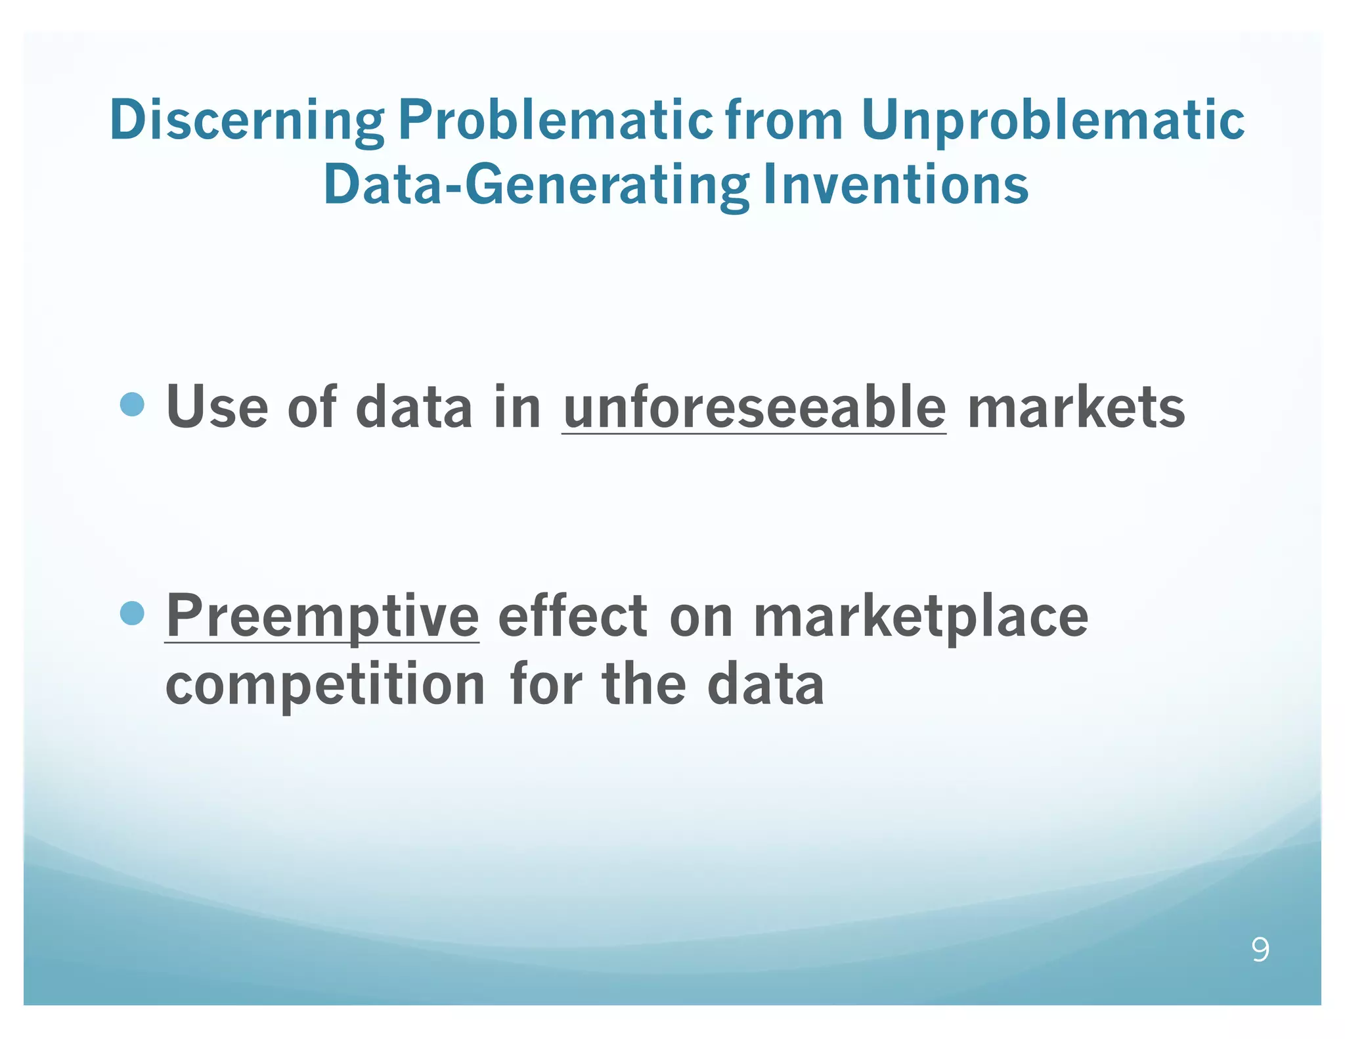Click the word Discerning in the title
pyautogui.click(x=246, y=120)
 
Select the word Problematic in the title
pyautogui.click(x=555, y=120)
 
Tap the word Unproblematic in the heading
pyautogui.click(x=1052, y=120)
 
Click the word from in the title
pyautogui.click(x=784, y=120)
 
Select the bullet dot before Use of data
pyautogui.click(x=133, y=405)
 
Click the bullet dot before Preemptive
pyautogui.click(x=133, y=613)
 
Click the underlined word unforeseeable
pyautogui.click(x=754, y=408)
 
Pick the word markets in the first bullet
pyautogui.click(x=1076, y=408)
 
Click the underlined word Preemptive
pyautogui.click(x=322, y=616)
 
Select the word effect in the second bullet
pyautogui.click(x=573, y=616)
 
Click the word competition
pyautogui.click(x=325, y=685)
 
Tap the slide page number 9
pyautogui.click(x=1260, y=950)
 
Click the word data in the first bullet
pyautogui.click(x=414, y=408)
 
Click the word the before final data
pyautogui.click(x=644, y=685)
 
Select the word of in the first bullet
pyautogui.click(x=312, y=408)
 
